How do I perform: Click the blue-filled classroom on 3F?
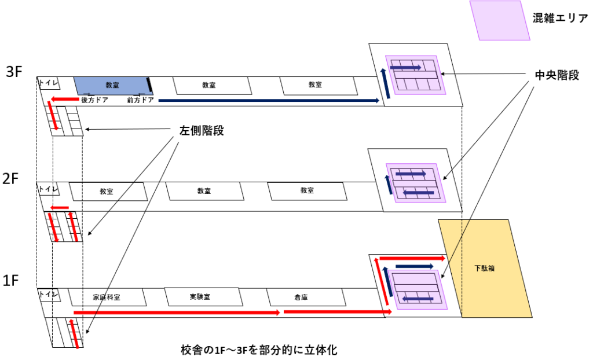tap(111, 85)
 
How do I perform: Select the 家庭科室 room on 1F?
tap(107, 297)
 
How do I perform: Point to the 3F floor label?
tap(14, 72)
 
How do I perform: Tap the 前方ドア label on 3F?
tap(140, 100)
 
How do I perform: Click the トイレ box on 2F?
tap(47, 189)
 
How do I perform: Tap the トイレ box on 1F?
tap(47, 294)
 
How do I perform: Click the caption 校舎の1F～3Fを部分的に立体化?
tap(259, 350)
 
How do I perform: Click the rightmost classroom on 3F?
tap(315, 85)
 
